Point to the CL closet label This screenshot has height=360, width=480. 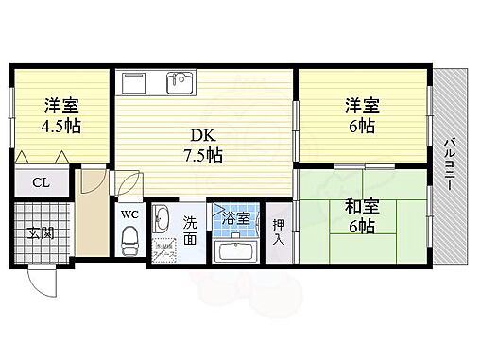coord(40,182)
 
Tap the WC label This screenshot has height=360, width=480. coord(130,213)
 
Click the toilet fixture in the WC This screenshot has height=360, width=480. coord(130,240)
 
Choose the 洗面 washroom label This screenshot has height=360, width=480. coord(190,231)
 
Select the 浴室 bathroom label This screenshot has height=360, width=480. coord(235,219)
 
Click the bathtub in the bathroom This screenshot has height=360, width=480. coord(235,250)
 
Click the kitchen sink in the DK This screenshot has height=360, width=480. coord(180,83)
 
